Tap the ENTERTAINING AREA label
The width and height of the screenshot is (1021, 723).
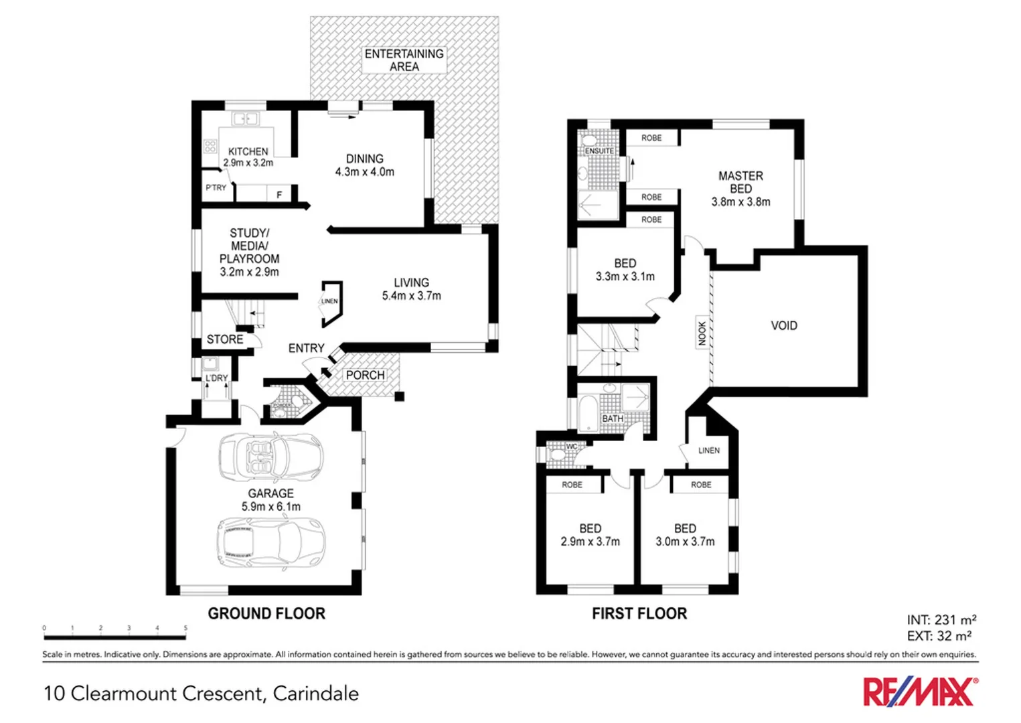[404, 60]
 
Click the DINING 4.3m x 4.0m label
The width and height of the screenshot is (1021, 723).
[364, 165]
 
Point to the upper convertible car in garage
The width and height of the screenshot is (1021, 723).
[271, 457]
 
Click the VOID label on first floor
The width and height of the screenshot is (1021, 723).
[783, 326]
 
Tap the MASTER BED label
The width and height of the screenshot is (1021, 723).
[740, 189]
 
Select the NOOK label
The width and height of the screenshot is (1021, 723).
[702, 333]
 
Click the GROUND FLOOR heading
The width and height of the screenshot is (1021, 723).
[266, 614]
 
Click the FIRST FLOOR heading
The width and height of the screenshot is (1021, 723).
[639, 614]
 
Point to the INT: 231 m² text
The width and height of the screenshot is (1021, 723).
[941, 620]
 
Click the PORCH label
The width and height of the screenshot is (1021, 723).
[365, 376]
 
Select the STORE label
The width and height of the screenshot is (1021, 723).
[224, 339]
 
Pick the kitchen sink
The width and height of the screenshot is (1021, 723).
[245, 119]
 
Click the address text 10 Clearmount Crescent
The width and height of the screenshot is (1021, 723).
[201, 694]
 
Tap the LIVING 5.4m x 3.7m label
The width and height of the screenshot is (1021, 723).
[411, 289]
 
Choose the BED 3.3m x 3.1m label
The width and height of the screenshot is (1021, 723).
[625, 270]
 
